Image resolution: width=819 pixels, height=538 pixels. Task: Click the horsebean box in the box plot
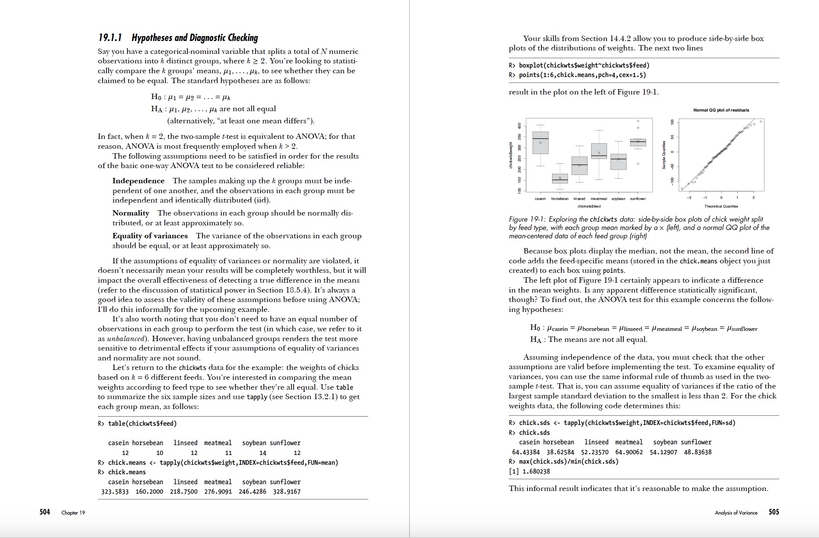click(x=560, y=179)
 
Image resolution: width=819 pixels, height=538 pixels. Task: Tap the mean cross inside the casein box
click(x=540, y=143)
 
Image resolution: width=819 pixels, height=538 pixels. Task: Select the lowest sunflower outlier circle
click(x=638, y=164)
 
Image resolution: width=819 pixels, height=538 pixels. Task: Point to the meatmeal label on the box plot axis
click(x=599, y=199)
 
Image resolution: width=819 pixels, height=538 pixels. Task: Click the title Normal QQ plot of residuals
click(x=721, y=110)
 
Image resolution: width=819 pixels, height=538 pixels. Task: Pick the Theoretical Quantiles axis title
click(x=721, y=206)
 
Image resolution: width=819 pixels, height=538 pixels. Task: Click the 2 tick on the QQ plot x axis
click(x=753, y=198)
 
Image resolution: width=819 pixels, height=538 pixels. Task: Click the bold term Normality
click(x=131, y=213)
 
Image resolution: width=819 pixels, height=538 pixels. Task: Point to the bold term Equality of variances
click(x=150, y=236)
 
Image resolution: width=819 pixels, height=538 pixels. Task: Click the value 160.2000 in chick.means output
click(x=149, y=492)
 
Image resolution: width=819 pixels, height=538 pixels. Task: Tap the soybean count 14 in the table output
click(x=262, y=453)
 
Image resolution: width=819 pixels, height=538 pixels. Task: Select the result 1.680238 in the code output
click(x=536, y=472)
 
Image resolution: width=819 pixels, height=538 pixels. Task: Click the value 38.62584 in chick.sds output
click(x=560, y=452)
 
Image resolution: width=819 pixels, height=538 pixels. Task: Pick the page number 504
click(x=44, y=512)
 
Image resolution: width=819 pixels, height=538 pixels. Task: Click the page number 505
click(x=773, y=512)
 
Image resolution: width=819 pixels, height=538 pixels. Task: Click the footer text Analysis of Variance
click(x=736, y=513)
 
